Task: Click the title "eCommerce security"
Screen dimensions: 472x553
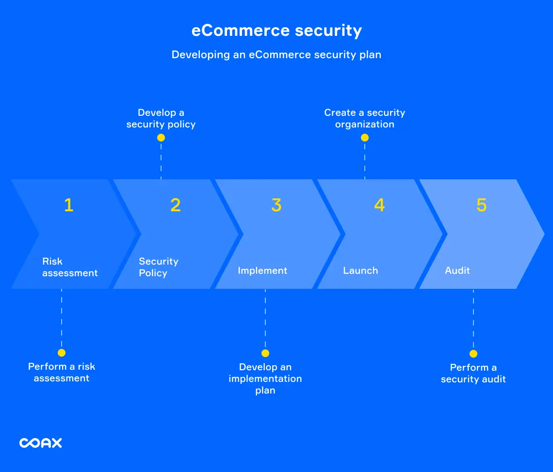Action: [276, 31]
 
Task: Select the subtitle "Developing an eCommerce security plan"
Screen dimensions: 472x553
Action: [276, 55]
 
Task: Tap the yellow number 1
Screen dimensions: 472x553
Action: [68, 205]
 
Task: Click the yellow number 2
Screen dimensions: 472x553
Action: [175, 205]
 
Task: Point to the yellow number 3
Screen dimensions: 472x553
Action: [276, 205]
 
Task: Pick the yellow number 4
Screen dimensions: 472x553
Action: [379, 205]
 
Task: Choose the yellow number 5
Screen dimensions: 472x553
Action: [481, 205]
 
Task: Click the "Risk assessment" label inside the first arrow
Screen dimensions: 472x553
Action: [70, 267]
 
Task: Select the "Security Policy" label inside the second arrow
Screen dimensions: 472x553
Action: [159, 267]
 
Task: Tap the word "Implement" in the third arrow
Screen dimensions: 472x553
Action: [262, 271]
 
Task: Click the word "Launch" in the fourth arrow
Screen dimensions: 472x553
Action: [360, 271]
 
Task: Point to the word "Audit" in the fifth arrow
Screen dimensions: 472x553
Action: [457, 271]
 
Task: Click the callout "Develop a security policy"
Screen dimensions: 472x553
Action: [161, 119]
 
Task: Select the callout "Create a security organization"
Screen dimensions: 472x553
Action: [365, 119]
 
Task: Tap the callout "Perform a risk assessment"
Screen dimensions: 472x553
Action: [62, 373]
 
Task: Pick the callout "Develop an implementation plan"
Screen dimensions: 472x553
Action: [265, 379]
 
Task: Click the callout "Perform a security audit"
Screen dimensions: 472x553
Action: [473, 374]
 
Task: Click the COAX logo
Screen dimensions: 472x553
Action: [41, 442]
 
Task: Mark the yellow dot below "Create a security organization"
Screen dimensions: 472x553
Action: [365, 138]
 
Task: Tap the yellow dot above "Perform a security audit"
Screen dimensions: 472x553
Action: [473, 354]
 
